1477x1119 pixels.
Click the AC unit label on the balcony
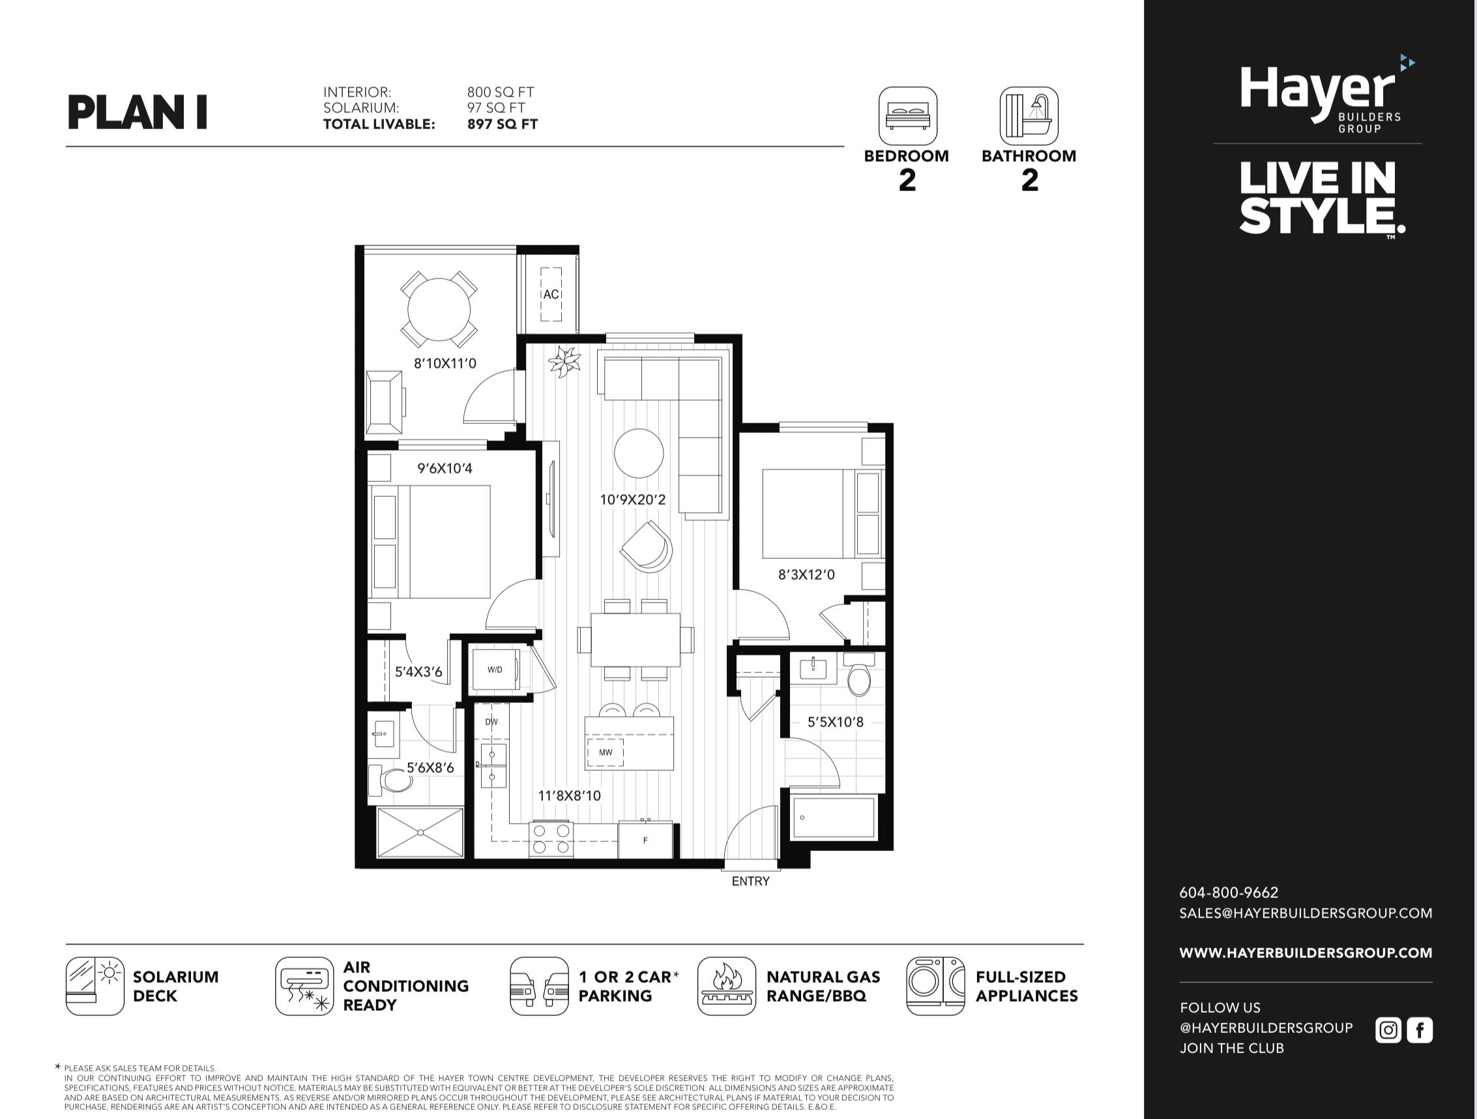551,294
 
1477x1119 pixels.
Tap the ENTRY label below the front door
750,881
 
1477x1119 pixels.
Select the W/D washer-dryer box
495,670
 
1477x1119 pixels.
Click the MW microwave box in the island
606,753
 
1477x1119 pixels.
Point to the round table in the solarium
439,309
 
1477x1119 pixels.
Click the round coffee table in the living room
639,453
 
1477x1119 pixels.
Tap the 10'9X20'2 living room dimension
632,499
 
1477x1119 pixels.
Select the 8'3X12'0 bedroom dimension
806,574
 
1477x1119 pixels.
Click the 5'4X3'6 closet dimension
418,672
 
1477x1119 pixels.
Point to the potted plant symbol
565,362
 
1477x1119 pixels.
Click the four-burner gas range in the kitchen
551,840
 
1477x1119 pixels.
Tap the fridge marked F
645,840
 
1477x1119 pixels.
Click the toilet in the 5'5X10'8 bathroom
858,675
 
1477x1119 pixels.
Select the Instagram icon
1388,1030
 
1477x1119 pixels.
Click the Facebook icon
1420,1030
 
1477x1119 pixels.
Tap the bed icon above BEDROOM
907,115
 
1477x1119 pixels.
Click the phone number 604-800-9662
1229,893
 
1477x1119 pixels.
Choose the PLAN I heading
138,112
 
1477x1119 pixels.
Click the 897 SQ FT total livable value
502,125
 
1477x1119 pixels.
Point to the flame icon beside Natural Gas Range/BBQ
727,986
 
